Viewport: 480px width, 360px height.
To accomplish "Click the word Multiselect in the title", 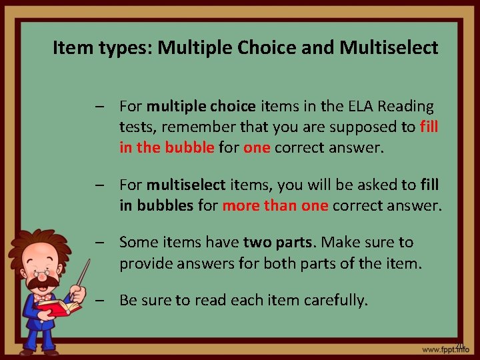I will [389, 48].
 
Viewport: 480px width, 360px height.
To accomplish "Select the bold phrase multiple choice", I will [201, 106].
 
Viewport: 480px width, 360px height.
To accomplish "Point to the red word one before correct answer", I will [257, 147].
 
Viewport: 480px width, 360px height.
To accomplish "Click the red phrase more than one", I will [275, 206].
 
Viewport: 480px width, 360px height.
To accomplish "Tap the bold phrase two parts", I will [275, 242].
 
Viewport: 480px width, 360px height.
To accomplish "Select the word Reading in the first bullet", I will [409, 106].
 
